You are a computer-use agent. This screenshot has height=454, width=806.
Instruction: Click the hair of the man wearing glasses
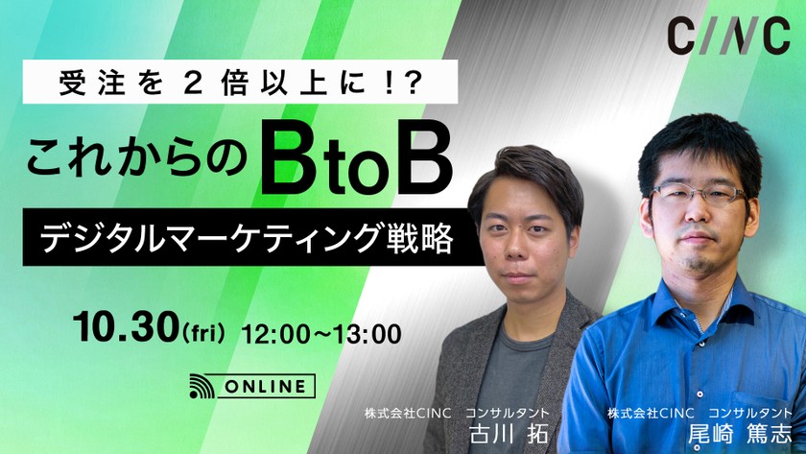[x=700, y=134]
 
